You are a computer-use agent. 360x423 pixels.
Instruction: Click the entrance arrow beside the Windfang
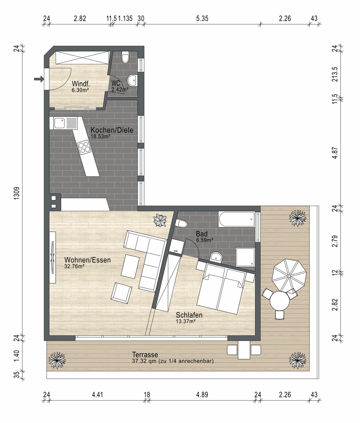(38, 79)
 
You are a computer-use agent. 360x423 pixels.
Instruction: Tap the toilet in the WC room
(126, 57)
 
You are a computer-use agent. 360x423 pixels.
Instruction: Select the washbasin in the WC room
(132, 80)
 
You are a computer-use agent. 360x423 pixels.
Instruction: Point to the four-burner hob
(84, 147)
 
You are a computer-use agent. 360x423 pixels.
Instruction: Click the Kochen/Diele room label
(112, 130)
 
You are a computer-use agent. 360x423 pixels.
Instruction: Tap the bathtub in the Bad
(236, 219)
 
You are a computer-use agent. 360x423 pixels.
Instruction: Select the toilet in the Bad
(181, 224)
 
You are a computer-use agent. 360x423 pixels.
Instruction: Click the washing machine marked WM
(176, 247)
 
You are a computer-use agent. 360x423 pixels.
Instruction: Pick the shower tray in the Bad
(245, 257)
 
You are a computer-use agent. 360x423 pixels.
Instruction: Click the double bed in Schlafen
(221, 289)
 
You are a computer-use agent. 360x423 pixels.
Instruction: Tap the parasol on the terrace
(289, 275)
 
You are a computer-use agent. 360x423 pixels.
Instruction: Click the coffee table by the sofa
(130, 266)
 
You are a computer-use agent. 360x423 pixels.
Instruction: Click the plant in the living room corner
(160, 220)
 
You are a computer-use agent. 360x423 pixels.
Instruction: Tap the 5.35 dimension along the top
(202, 18)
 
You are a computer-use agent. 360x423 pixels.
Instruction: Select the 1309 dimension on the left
(17, 193)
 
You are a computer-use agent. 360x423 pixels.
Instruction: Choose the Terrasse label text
(145, 354)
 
